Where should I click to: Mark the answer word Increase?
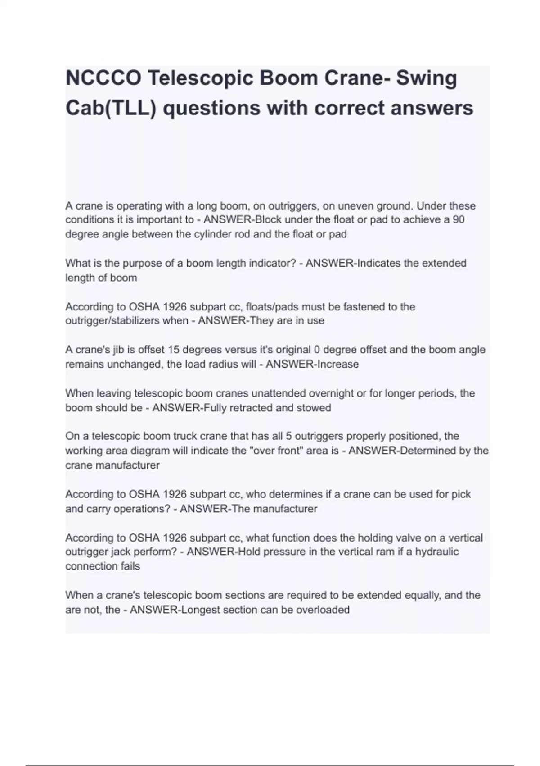(338, 364)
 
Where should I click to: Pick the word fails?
(130, 566)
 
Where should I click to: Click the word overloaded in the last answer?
(323, 610)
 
